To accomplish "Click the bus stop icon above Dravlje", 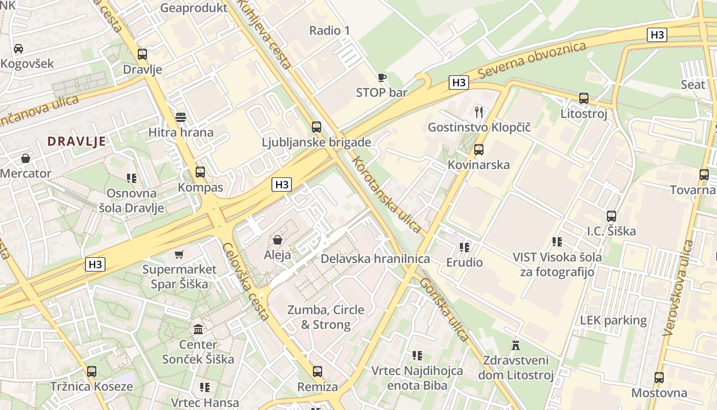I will (142, 54).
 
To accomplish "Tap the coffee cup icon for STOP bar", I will (382, 78).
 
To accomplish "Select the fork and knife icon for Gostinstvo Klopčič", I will (479, 112).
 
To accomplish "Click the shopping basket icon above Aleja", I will (278, 239).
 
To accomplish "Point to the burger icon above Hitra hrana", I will (180, 117).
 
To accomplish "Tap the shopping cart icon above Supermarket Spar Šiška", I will (179, 254).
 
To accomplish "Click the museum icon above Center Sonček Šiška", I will (198, 329).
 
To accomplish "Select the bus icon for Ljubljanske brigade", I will (317, 127).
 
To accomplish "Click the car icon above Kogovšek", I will (18, 49).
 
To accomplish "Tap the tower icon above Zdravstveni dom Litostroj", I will (516, 344).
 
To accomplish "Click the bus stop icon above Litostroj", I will (583, 98).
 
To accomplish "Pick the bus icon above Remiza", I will (318, 372).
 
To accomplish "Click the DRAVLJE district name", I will (77, 141).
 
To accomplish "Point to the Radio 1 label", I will (329, 31).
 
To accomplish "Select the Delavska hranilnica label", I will (375, 259).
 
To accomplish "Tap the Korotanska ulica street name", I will (387, 195).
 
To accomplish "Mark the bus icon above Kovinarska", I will (479, 150).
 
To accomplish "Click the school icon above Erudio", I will (465, 248).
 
